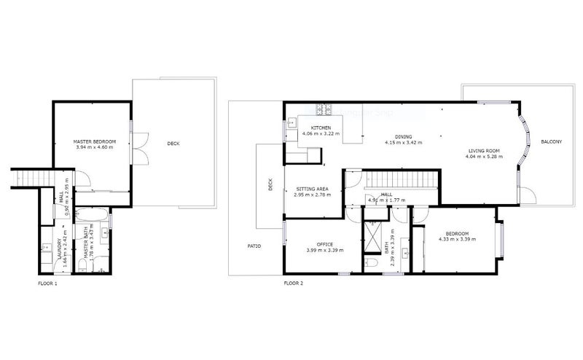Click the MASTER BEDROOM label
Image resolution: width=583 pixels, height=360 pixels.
(x=90, y=141)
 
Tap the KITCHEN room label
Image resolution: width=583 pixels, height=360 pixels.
(x=321, y=128)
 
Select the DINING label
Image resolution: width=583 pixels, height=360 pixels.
(x=403, y=137)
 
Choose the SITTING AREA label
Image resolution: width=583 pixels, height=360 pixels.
(x=313, y=189)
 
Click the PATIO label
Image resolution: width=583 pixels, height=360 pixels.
(x=254, y=246)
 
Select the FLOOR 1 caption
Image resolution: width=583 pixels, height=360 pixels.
(x=47, y=282)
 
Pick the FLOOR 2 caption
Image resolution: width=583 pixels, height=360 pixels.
(x=293, y=282)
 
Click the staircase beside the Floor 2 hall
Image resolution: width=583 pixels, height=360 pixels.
(x=402, y=179)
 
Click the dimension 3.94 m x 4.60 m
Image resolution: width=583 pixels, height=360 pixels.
(x=90, y=147)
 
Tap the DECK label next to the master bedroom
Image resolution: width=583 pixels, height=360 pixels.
(x=173, y=144)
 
